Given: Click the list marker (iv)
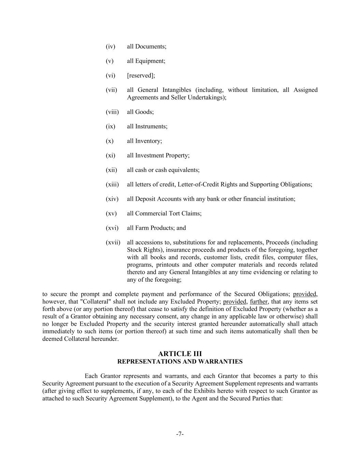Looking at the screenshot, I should [110, 46].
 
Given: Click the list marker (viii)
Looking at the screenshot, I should [112, 112].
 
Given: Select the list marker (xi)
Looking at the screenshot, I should [110, 155].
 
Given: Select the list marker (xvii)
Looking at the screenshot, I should [113, 242].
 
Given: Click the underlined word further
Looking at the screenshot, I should [259, 302].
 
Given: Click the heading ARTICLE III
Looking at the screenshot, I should [180, 354].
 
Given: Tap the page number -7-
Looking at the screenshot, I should [180, 434].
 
